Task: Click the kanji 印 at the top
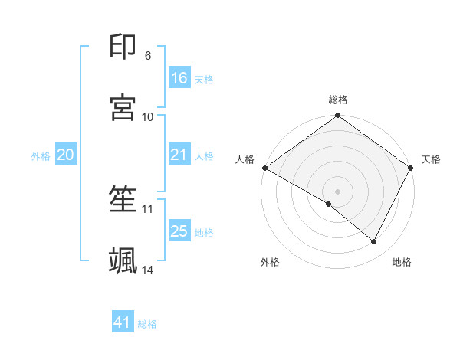click(x=123, y=47)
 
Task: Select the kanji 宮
click(x=123, y=107)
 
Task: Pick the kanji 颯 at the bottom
click(x=123, y=260)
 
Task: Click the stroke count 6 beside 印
click(x=148, y=56)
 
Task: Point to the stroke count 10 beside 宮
click(x=148, y=116)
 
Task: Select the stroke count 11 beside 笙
click(x=148, y=208)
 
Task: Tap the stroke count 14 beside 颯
click(x=148, y=270)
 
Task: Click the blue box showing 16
click(x=179, y=78)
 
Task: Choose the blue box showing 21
click(x=179, y=155)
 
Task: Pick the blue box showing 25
click(x=179, y=231)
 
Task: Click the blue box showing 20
click(x=66, y=155)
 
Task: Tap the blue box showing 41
click(x=123, y=322)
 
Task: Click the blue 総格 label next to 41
click(x=147, y=324)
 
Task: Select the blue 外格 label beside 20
click(x=41, y=155)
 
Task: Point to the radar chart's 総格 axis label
click(x=338, y=100)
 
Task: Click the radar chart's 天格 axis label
click(x=431, y=159)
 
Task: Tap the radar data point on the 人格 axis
click(x=264, y=167)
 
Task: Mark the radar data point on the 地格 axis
click(x=374, y=242)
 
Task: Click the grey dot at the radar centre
click(x=338, y=191)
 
